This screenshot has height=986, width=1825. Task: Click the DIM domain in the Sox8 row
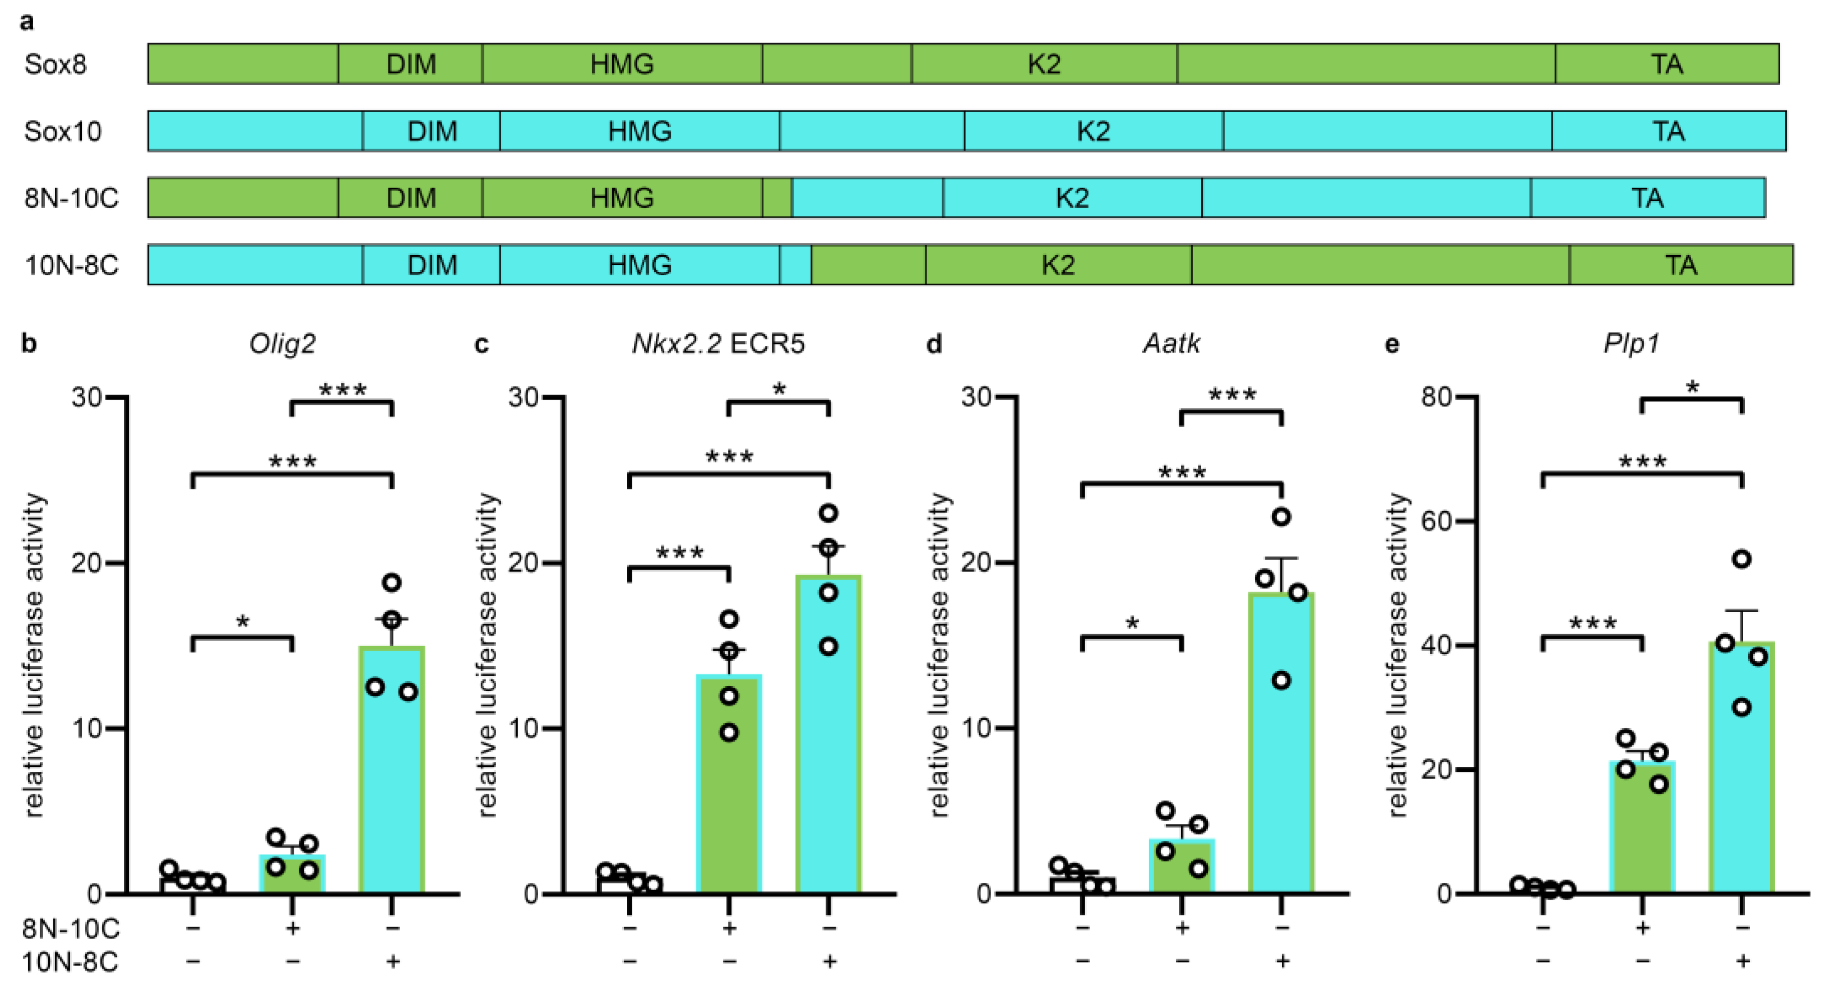coord(410,64)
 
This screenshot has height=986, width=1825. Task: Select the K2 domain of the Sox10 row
coord(1093,131)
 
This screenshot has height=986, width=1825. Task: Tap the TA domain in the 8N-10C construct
coord(1647,198)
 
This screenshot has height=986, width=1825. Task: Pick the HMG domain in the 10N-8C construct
coord(639,265)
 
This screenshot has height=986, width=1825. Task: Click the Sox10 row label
coord(62,131)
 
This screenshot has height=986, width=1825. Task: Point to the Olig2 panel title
coord(282,344)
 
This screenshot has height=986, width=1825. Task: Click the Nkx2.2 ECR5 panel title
coord(717,344)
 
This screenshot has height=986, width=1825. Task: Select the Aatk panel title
coord(1171,344)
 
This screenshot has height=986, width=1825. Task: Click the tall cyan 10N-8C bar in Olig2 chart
coord(391,779)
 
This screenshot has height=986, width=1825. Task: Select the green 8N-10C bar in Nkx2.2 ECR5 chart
coord(729,793)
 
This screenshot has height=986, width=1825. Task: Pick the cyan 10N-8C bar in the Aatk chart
coord(1281,751)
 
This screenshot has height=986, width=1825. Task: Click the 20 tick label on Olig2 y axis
coord(87,563)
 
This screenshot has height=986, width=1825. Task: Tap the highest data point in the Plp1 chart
coord(1741,559)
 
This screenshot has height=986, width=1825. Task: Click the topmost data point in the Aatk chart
coord(1281,517)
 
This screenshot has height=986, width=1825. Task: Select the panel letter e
coord(1392,344)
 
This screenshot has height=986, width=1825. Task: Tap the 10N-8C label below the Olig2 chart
coord(70,962)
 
